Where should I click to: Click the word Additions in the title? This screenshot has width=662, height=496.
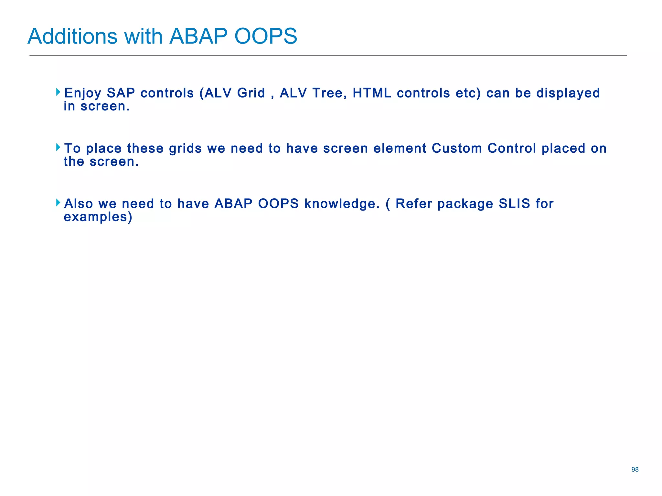72,36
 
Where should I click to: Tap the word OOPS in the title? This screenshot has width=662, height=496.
265,36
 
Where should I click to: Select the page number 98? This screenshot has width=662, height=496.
635,470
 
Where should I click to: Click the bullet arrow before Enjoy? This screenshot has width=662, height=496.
58,92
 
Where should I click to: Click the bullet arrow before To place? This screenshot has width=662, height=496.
58,148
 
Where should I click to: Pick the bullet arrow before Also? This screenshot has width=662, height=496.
58,203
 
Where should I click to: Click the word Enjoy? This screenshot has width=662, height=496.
83,93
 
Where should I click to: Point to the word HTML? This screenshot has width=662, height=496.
372,93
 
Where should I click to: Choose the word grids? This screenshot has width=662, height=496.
185,149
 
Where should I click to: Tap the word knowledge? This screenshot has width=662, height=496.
342,204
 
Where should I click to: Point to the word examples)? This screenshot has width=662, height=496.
98,217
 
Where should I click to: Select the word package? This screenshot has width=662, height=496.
465,204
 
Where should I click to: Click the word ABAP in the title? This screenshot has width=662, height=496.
198,36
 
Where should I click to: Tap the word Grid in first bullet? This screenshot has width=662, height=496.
251,93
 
